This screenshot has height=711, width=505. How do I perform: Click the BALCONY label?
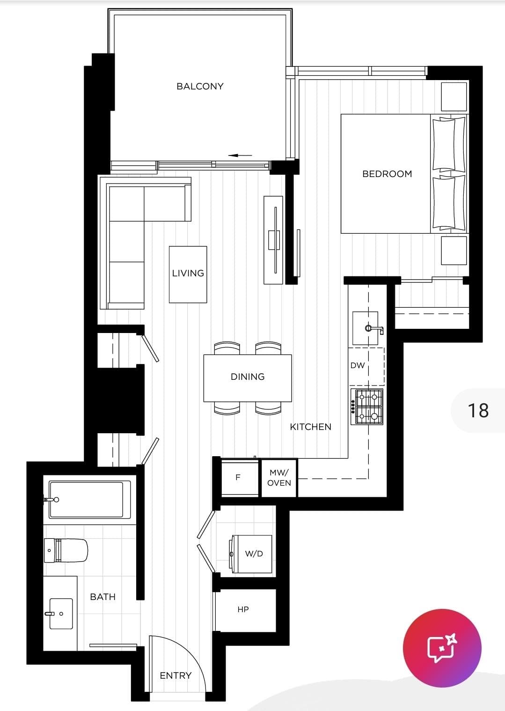pyautogui.click(x=200, y=86)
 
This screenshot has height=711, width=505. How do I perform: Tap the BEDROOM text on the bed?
pyautogui.click(x=387, y=174)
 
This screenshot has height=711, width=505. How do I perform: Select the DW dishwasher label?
pyautogui.click(x=358, y=365)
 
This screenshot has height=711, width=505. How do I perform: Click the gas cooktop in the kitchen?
pyautogui.click(x=367, y=407)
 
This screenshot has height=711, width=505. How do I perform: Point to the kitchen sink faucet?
pyautogui.click(x=374, y=329)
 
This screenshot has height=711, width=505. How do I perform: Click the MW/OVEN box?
pyautogui.click(x=279, y=478)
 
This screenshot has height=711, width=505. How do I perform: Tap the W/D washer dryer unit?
pyautogui.click(x=252, y=554)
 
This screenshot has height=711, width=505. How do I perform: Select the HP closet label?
pyautogui.click(x=243, y=609)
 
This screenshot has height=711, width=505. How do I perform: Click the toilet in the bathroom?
pyautogui.click(x=66, y=550)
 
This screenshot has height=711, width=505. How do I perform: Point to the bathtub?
pyautogui.click(x=89, y=500)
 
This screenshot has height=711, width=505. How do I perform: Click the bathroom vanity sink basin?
pyautogui.click(x=61, y=614)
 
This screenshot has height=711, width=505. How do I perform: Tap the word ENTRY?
pyautogui.click(x=176, y=675)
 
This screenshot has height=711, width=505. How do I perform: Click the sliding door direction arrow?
pyautogui.click(x=240, y=156)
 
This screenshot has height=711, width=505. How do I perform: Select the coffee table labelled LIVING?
pyautogui.click(x=188, y=274)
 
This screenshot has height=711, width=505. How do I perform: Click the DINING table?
pyautogui.click(x=248, y=378)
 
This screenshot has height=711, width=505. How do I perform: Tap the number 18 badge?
pyautogui.click(x=478, y=410)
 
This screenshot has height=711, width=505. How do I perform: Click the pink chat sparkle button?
pyautogui.click(x=442, y=648)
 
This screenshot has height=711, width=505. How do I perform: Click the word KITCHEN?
pyautogui.click(x=311, y=427)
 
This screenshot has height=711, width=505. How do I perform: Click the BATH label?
pyautogui.click(x=103, y=597)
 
